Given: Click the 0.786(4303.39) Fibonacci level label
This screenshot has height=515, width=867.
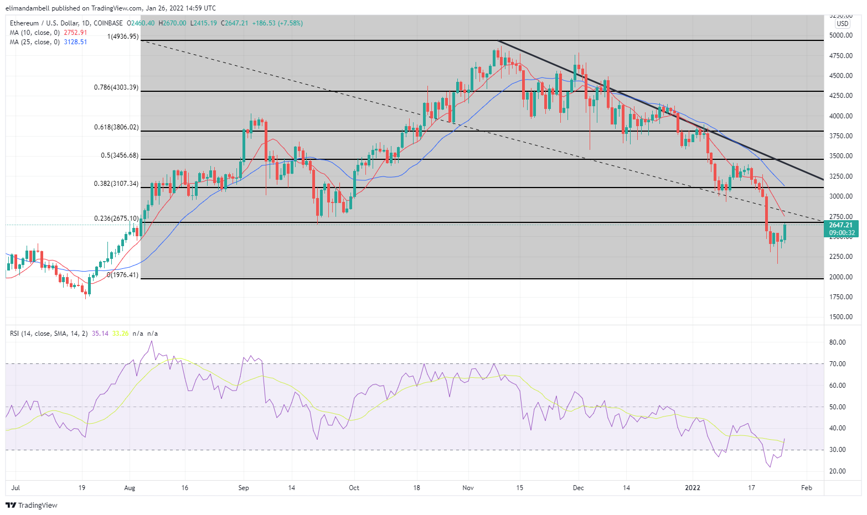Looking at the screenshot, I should (x=116, y=87).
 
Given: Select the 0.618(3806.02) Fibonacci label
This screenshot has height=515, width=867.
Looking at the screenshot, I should (x=116, y=127).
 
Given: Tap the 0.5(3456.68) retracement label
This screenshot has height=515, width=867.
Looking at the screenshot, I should (x=120, y=155).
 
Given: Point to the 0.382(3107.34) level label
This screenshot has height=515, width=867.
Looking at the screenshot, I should (x=116, y=184).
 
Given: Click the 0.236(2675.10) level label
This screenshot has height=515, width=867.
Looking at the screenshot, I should (x=116, y=219).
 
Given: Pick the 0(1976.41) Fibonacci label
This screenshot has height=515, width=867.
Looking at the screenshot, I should (x=122, y=275).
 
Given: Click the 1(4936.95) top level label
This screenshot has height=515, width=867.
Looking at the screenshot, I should (x=122, y=37).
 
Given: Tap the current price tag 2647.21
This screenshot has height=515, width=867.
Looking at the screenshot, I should (x=841, y=225).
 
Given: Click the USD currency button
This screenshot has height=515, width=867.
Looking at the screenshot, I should (x=842, y=24).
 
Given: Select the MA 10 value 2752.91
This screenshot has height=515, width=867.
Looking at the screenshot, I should (x=76, y=33).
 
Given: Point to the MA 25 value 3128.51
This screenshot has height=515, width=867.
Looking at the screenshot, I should (x=76, y=42).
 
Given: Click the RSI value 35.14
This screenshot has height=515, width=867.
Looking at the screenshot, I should (x=100, y=334).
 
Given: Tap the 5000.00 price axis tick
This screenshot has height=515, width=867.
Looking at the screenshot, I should (x=840, y=35).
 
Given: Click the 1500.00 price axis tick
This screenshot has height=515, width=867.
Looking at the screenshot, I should (x=840, y=317).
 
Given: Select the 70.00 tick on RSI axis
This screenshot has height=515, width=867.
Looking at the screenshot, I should (x=838, y=364).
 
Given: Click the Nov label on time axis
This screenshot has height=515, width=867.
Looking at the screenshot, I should (x=468, y=488).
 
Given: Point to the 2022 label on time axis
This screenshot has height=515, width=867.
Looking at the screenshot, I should (x=693, y=488).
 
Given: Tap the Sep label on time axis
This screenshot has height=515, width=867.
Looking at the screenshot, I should (x=244, y=488).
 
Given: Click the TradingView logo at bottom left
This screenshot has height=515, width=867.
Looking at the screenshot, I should (x=32, y=505).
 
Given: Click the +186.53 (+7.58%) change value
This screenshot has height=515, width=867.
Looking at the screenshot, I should (x=277, y=23).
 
